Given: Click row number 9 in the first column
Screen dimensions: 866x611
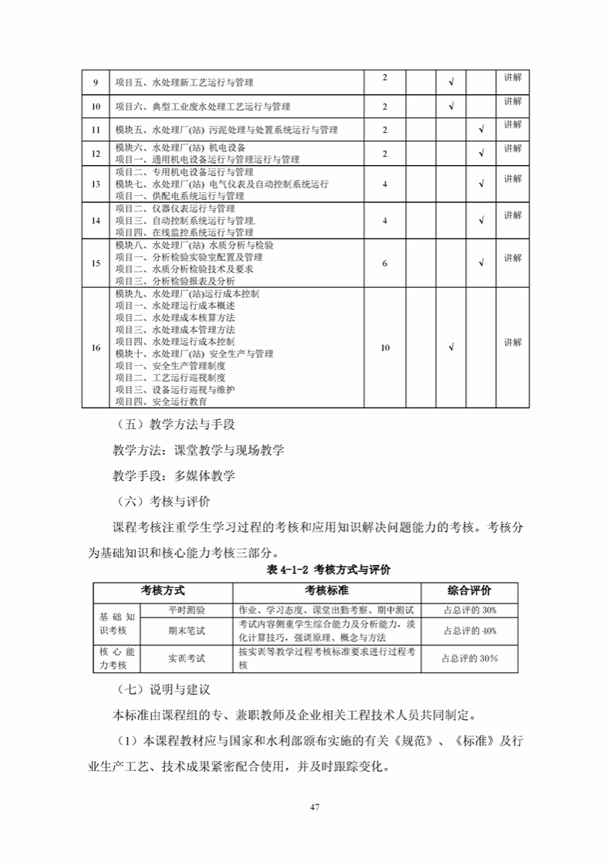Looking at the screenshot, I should [96, 83].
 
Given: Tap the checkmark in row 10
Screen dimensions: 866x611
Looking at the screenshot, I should [451, 107].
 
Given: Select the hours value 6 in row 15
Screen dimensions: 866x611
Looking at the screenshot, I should [384, 263].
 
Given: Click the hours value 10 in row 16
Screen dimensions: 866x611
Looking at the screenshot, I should [385, 348].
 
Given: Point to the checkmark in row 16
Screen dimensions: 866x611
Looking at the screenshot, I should [451, 348].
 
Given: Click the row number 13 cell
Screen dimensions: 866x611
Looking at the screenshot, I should [96, 184].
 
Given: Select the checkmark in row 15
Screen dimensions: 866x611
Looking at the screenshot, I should [481, 263].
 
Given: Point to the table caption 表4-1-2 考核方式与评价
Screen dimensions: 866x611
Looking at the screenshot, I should [329, 570].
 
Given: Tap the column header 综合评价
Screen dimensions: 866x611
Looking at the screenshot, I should [469, 590].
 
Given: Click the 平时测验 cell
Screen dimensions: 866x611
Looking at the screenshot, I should [187, 610].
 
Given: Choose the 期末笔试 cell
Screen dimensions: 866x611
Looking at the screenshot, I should [187, 631].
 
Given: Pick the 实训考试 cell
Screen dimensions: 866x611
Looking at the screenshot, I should [187, 658].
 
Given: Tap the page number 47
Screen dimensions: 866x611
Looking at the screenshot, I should [314, 807].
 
